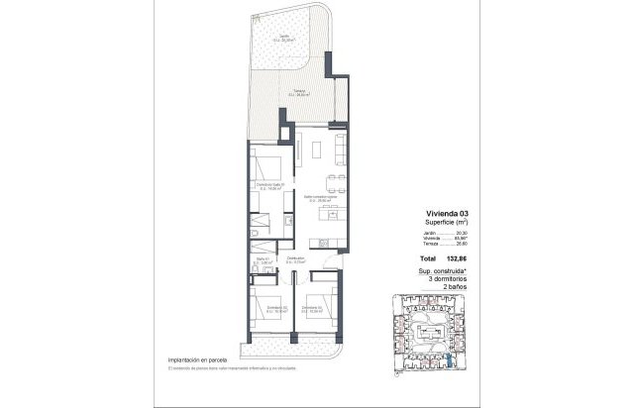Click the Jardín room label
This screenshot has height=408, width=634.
point(283,40)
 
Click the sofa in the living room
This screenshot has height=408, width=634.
point(339,150)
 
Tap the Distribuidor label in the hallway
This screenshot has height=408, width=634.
point(296,260)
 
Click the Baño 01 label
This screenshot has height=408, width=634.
point(264,261)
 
